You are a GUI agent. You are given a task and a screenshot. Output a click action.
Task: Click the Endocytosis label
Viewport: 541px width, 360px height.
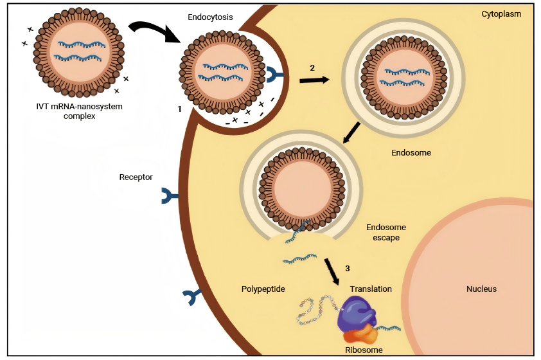[x=210, y=17]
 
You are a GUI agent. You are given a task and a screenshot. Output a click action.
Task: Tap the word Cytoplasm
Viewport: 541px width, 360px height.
[x=501, y=14]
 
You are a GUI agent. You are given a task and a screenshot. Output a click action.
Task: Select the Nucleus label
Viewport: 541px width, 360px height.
[x=481, y=289]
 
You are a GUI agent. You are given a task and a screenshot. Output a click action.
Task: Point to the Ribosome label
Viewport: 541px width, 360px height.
[x=364, y=350]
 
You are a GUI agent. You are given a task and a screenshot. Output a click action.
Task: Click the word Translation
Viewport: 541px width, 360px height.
[x=371, y=289]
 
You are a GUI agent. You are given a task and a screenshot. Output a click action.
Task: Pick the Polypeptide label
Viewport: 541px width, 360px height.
[x=263, y=289]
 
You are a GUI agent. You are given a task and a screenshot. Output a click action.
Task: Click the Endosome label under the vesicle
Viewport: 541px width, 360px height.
[x=411, y=152]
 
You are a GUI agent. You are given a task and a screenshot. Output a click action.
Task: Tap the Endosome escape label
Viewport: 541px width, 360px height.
[x=386, y=232]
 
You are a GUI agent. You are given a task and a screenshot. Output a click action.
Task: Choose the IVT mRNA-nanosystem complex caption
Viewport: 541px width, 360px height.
[x=80, y=111]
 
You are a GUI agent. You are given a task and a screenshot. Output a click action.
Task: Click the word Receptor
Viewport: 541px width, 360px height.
[x=136, y=177]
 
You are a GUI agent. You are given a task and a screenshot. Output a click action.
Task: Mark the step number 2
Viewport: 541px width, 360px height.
[x=312, y=68]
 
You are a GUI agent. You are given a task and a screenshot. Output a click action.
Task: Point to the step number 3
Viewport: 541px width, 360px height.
[x=348, y=268]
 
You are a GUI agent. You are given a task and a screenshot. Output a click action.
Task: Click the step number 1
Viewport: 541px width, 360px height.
[x=179, y=109]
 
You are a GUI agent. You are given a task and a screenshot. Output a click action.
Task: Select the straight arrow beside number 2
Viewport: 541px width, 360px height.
[x=314, y=80]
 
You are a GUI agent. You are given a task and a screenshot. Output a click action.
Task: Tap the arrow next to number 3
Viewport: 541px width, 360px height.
[x=332, y=271]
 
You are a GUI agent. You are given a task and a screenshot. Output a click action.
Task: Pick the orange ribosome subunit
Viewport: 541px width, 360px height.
[x=360, y=333]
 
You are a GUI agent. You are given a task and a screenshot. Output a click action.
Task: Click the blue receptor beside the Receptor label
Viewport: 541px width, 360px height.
[x=169, y=196]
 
